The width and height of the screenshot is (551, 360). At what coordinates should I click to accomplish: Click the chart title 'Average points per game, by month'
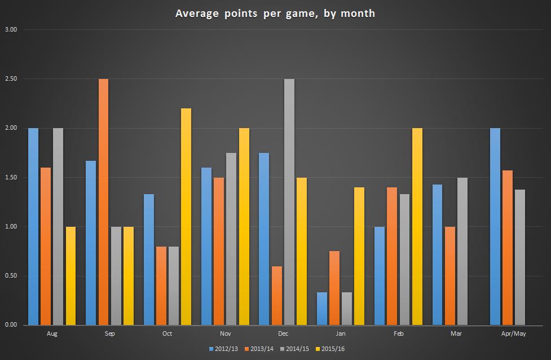coord(275,13)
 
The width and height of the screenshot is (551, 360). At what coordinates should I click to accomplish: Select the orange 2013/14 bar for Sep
coord(103,202)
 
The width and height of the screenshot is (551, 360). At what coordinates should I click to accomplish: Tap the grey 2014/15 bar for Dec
coord(289,202)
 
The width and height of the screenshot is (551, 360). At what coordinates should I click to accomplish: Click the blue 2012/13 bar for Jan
coord(321,309)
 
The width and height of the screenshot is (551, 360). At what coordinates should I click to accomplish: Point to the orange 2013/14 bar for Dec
coord(276,296)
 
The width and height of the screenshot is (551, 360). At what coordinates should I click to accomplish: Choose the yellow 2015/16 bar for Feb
coord(417,227)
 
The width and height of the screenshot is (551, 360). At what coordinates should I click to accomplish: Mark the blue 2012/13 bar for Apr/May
coord(495,227)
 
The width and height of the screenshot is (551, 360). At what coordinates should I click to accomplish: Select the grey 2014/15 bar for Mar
coord(462,251)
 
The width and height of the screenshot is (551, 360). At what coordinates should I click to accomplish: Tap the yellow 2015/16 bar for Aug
coord(70,276)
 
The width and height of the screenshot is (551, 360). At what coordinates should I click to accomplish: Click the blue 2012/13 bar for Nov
coord(206,246)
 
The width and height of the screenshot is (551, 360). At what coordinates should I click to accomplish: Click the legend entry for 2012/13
coord(224,349)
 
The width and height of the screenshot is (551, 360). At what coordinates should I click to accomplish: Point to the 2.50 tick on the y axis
coord(11,79)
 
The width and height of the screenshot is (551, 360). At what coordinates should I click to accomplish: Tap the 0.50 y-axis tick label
coord(11,276)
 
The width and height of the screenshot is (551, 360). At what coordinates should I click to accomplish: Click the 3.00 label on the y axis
coord(11,29)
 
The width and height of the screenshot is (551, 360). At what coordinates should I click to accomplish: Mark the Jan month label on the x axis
coord(340,333)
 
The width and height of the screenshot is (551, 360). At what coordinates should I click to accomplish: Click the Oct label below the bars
coord(167,333)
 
